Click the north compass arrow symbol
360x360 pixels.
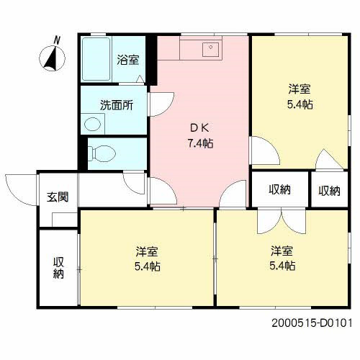click(x=51, y=58)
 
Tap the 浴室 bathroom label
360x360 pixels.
click(x=128, y=60)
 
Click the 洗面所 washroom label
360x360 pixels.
click(x=116, y=104)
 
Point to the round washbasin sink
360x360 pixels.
click(x=91, y=125)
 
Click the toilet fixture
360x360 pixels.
click(x=101, y=153)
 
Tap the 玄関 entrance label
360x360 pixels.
click(x=58, y=197)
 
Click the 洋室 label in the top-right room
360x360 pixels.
click(x=300, y=89)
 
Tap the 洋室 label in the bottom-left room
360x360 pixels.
click(x=147, y=252)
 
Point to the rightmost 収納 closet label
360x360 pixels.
click(x=329, y=190)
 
